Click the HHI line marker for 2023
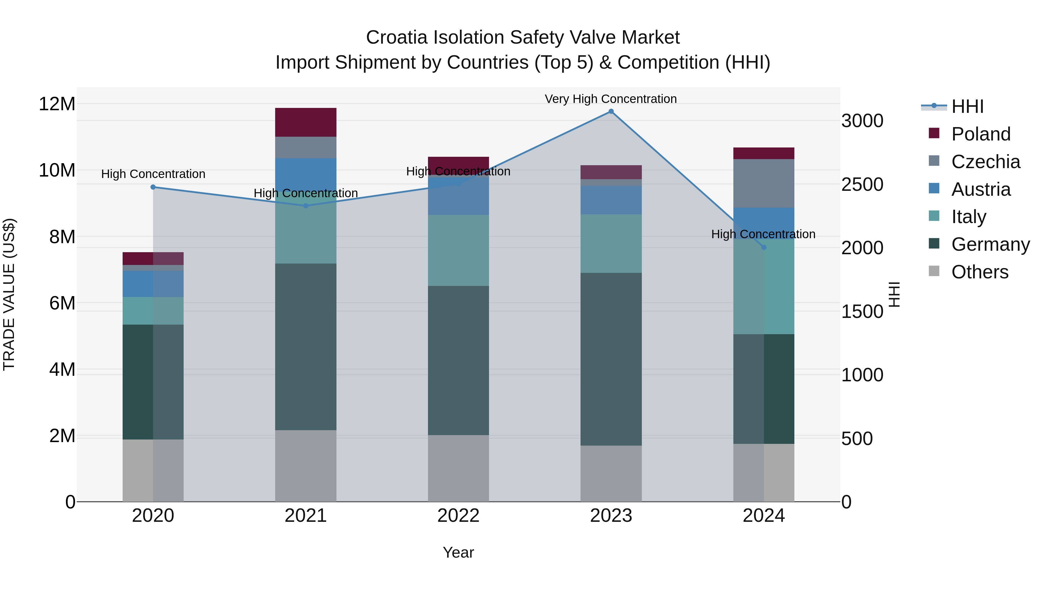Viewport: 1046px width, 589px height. (611, 111)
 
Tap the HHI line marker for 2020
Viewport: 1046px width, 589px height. (153, 187)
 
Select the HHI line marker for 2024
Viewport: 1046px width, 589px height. (763, 247)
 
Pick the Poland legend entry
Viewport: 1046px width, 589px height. (980, 134)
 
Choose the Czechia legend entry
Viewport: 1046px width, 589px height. (985, 162)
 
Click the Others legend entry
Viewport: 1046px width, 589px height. (979, 272)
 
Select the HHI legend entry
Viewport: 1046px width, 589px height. (967, 106)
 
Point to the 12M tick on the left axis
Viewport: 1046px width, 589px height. (57, 104)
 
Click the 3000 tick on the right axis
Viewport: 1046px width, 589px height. (862, 121)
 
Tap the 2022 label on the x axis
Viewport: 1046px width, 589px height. (458, 516)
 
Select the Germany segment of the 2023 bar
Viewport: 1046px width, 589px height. (611, 359)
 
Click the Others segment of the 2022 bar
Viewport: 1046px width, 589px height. (458, 468)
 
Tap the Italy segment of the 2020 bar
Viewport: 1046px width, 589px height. (153, 311)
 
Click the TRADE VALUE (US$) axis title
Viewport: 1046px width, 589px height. (9, 294)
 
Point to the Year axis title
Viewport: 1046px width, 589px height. (458, 552)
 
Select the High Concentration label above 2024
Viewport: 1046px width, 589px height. (763, 234)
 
